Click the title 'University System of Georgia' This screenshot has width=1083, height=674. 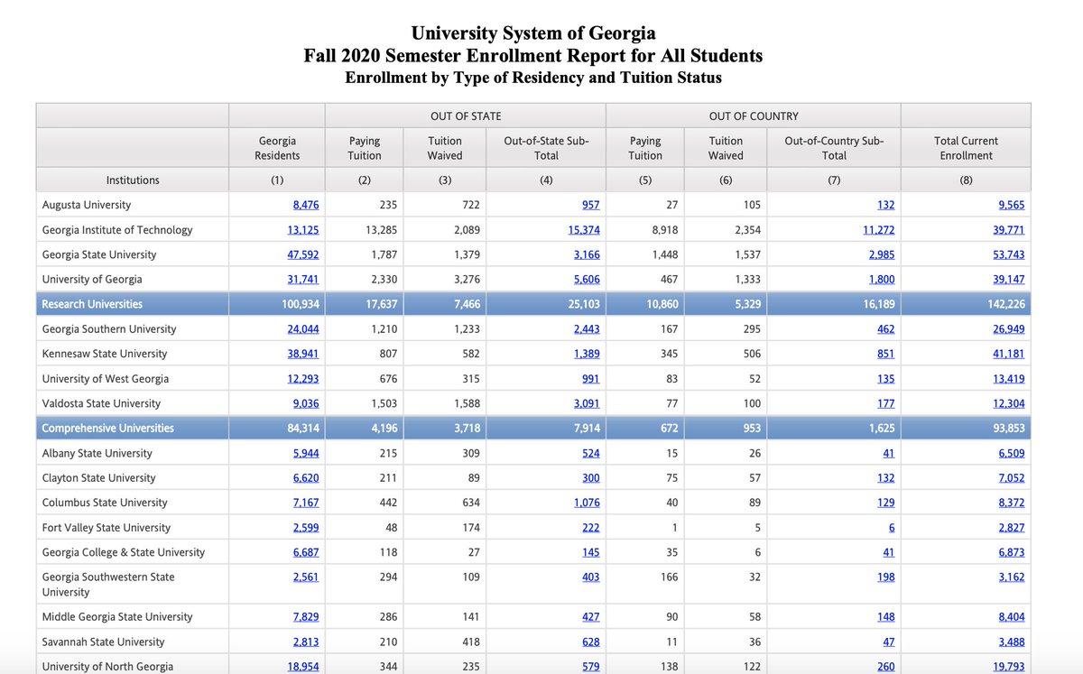533,33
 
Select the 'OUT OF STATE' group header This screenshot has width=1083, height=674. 465,115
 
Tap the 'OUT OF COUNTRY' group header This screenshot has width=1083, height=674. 754,115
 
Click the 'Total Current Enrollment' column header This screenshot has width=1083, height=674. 965,148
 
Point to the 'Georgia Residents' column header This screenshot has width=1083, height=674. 277,148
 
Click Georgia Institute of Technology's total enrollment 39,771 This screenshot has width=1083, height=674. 1008,230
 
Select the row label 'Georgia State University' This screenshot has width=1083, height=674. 99,254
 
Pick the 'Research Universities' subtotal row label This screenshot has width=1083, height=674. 92,304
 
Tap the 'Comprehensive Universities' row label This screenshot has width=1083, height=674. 107,428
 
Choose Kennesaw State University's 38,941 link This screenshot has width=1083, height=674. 302,354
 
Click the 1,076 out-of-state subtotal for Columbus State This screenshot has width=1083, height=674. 587,503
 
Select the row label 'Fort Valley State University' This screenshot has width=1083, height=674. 106,527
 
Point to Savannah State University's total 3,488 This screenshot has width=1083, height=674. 1011,642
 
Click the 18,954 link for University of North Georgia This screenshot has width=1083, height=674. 302,667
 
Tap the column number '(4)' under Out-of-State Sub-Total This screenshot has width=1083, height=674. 546,180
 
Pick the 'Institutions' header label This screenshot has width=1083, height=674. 133,180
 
